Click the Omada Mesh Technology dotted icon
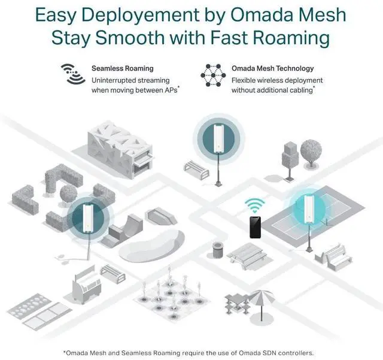(213, 75)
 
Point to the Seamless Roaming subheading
(123, 69)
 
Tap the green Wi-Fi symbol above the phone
(256, 205)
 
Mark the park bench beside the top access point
(196, 169)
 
